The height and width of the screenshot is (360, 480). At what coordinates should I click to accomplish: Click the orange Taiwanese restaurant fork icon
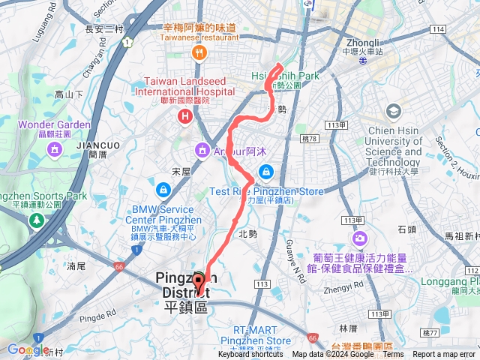tap(199, 52)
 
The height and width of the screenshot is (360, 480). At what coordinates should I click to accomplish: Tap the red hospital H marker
tap(184, 116)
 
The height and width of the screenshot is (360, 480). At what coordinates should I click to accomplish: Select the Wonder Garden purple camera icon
tap(54, 149)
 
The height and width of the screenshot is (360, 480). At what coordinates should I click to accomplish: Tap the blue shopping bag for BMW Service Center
tap(163, 187)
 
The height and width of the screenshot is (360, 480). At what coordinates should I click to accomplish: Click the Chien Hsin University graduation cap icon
tap(394, 112)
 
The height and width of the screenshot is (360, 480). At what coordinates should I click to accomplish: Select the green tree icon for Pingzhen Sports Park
tap(36, 220)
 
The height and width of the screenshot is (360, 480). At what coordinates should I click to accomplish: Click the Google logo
tap(28, 349)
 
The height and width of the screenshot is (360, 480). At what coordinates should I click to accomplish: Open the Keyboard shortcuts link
tap(251, 355)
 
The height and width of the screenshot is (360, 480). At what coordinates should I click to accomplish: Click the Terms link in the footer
tap(392, 355)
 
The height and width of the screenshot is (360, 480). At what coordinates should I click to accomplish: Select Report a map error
tap(444, 355)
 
